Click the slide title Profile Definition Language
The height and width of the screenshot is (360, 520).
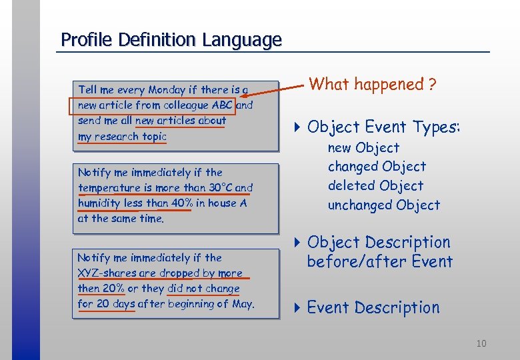[x=171, y=40]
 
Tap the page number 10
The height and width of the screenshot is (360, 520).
[x=481, y=343]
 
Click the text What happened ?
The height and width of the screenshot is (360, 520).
[x=373, y=85]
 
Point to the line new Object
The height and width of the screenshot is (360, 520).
[x=363, y=148]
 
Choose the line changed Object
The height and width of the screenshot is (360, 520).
[x=376, y=167]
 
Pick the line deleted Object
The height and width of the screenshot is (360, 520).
[x=375, y=186]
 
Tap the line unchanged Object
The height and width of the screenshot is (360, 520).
[x=383, y=205]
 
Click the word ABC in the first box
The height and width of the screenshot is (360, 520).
[x=222, y=105]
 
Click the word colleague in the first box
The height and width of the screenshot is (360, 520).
[x=187, y=105]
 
